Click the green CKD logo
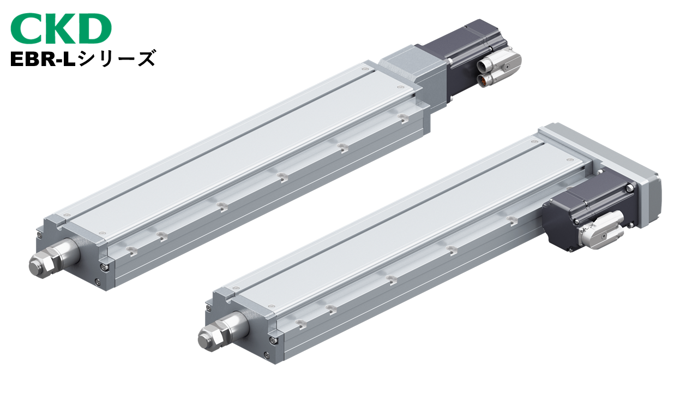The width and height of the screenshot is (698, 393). click(x=61, y=28)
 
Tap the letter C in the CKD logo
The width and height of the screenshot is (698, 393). click(x=26, y=28)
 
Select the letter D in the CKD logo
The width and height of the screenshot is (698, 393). click(x=95, y=28)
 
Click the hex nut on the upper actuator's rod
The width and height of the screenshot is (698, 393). click(x=41, y=266)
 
